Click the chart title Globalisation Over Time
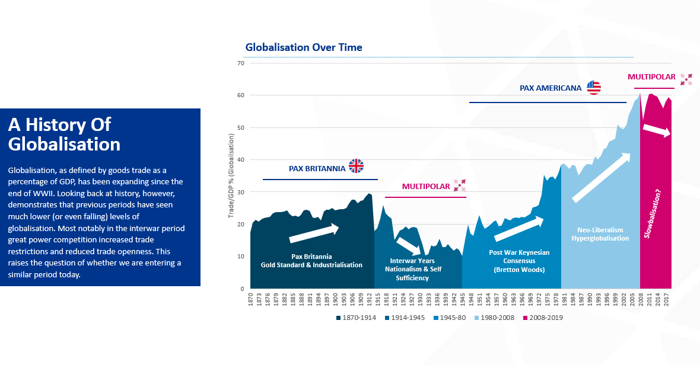[x=304, y=47]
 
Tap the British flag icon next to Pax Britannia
[x=356, y=166]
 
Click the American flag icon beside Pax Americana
[x=594, y=88]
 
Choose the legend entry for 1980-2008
[x=495, y=318]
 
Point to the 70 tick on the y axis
[x=241, y=63]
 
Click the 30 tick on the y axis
[x=241, y=192]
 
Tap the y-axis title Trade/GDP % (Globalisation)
[x=231, y=175]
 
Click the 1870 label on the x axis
[x=251, y=299]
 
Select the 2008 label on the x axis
[x=641, y=299]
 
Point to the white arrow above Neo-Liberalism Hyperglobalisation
[x=600, y=178]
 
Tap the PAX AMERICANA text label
[x=551, y=88]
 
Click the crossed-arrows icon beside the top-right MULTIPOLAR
[x=686, y=79]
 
